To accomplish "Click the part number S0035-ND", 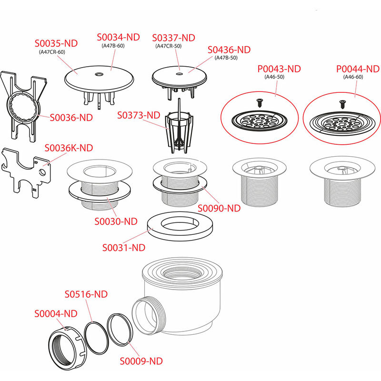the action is [x=56, y=43].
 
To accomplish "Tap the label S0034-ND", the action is [x=118, y=37].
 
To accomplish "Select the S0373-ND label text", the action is [x=139, y=115].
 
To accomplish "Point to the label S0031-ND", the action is [x=124, y=248].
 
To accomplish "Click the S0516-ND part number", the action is [x=86, y=294].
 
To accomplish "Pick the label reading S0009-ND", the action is [x=141, y=361].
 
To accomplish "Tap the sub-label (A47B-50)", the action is [x=226, y=58].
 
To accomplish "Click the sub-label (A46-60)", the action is [x=353, y=77].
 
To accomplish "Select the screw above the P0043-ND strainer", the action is [x=260, y=102].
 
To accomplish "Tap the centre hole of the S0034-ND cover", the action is [x=99, y=74].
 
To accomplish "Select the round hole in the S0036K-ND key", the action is [x=42, y=172].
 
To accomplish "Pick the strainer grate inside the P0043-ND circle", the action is [x=259, y=120].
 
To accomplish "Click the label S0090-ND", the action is [x=219, y=208].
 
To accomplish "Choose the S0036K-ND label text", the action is [x=69, y=148].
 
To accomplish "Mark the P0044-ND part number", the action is [x=358, y=69].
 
